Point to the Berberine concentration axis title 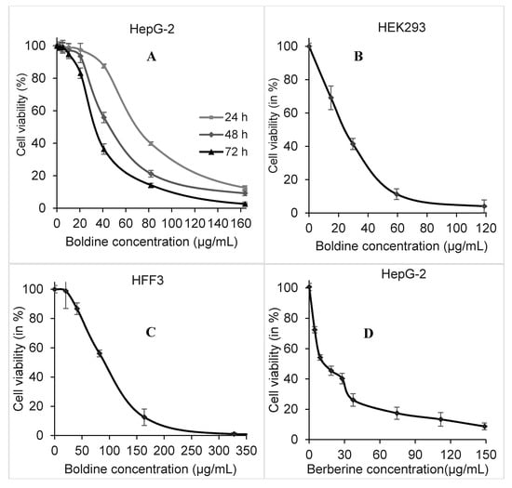pyautogui.click(x=402, y=471)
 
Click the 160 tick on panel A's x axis pyautogui.click(x=244, y=223)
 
